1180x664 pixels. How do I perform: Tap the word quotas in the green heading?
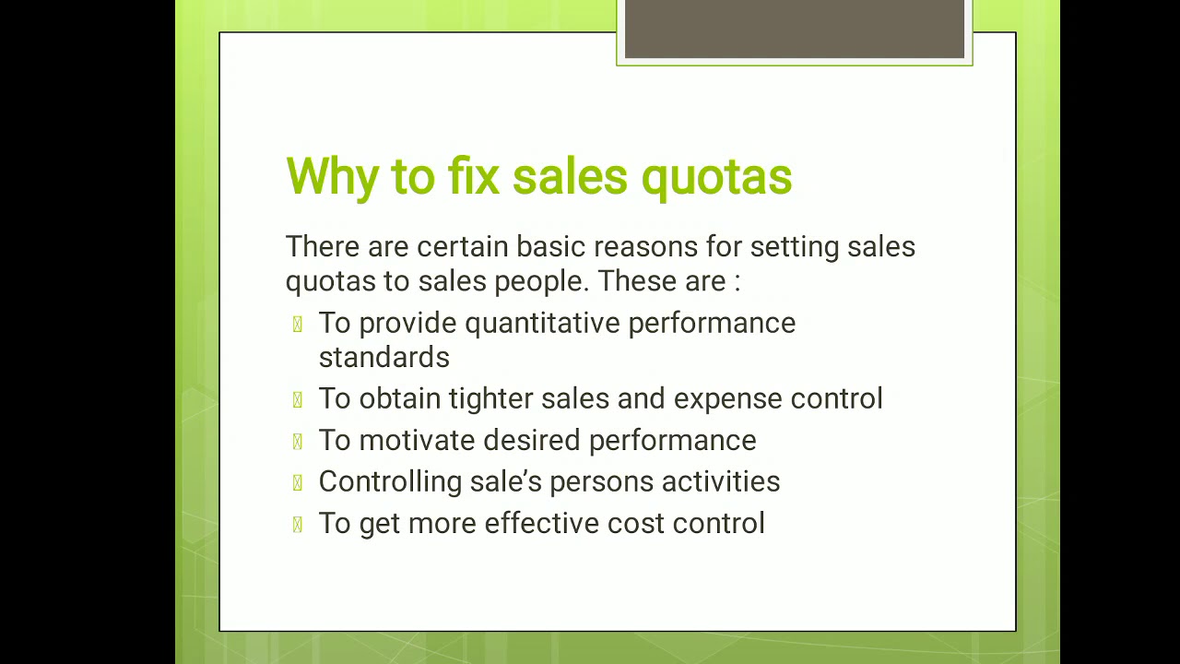tap(716, 176)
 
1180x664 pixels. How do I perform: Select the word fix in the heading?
tap(474, 176)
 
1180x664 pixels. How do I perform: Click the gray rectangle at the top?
tap(794, 30)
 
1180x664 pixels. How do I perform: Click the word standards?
tap(383, 357)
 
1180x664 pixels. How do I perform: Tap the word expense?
tap(728, 398)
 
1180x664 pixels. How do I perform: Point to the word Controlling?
tap(390, 481)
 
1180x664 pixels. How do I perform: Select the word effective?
tap(541, 523)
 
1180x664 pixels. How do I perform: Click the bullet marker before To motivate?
tap(297, 441)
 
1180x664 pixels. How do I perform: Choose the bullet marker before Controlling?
tap(297, 482)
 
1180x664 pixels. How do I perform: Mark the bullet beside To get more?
tap(297, 524)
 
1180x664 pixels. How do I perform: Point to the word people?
tap(541, 281)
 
